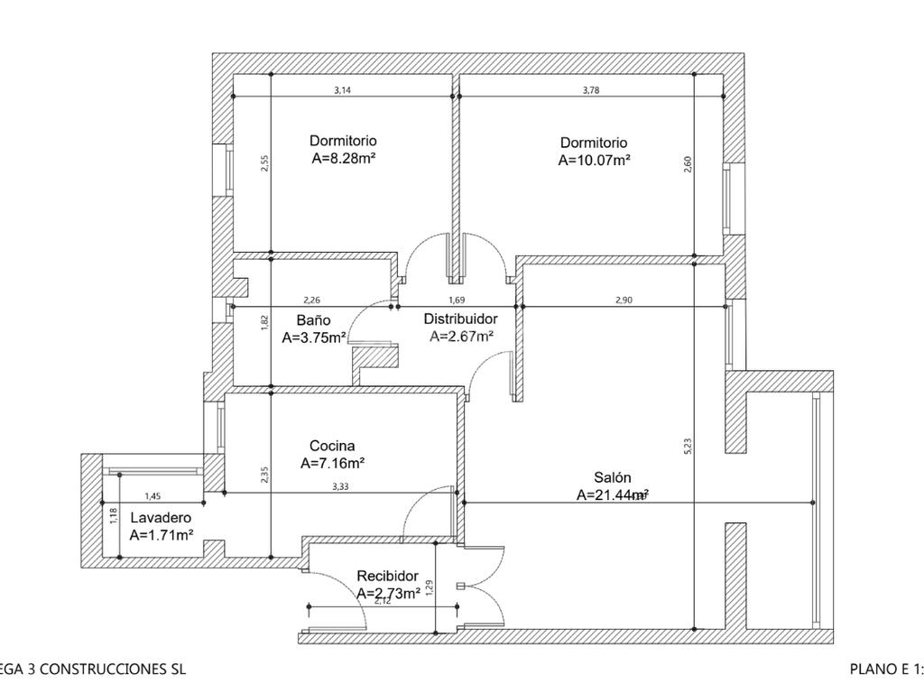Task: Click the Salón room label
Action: (613, 477)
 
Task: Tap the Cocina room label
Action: (332, 446)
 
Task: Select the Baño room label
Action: (313, 320)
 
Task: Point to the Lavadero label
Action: (161, 518)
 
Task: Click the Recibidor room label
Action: (387, 576)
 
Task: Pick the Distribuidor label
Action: (460, 319)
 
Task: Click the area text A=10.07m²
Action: (594, 161)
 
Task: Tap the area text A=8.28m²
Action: (343, 158)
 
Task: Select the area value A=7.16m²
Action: (332, 463)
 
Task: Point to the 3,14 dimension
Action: (342, 90)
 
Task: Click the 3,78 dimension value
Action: (591, 90)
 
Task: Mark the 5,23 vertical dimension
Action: (688, 445)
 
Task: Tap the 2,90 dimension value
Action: (623, 300)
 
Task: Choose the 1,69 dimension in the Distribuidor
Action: (457, 300)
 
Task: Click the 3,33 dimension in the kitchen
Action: (340, 486)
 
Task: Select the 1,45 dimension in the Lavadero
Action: (152, 496)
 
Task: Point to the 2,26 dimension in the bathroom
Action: (312, 300)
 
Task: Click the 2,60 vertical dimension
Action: (688, 165)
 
